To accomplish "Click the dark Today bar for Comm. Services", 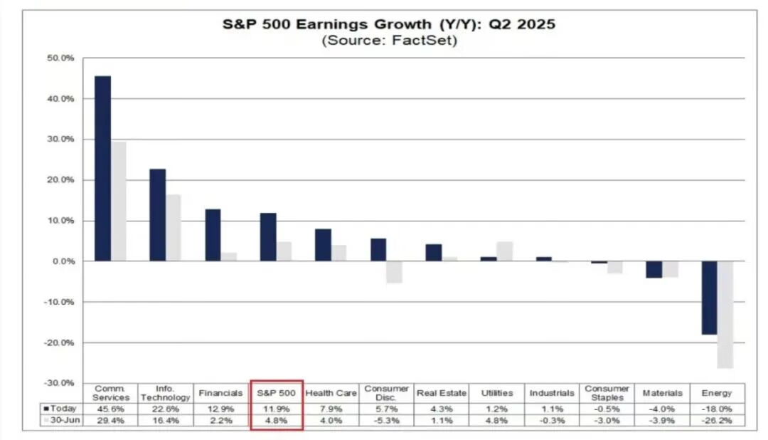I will (102, 168).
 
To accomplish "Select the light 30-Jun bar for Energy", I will (725, 314).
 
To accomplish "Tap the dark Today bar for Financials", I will (213, 235).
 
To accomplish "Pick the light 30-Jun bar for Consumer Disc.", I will (395, 272).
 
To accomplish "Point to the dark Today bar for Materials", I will (654, 269).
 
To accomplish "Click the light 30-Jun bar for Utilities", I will (505, 251).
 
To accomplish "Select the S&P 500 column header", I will (277, 393).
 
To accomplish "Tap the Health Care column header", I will (331, 393).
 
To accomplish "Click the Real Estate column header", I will (442, 393).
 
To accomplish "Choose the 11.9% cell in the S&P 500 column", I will (277, 409).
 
